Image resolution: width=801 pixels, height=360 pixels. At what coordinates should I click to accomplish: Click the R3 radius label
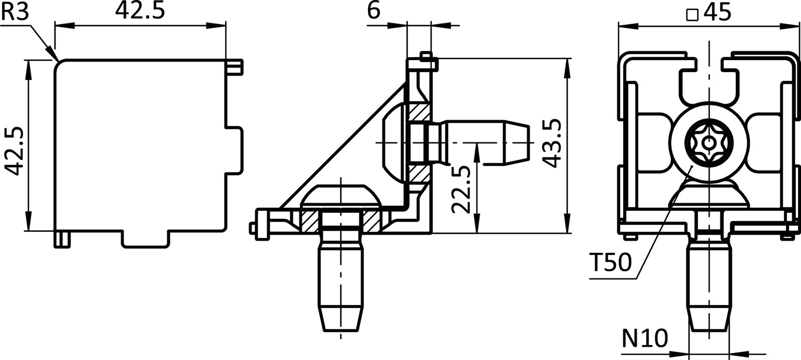pyautogui.click(x=15, y=13)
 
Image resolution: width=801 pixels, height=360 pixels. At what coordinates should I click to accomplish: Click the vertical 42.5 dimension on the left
pyautogui.click(x=14, y=151)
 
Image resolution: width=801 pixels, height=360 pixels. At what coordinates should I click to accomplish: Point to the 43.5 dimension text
pyautogui.click(x=551, y=143)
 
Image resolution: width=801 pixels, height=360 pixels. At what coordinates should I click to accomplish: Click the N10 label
pyautogui.click(x=645, y=339)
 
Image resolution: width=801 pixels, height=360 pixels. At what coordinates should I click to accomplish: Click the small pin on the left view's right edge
pyautogui.click(x=235, y=66)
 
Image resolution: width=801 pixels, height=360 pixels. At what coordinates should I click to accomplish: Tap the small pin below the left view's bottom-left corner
pyautogui.click(x=62, y=239)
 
